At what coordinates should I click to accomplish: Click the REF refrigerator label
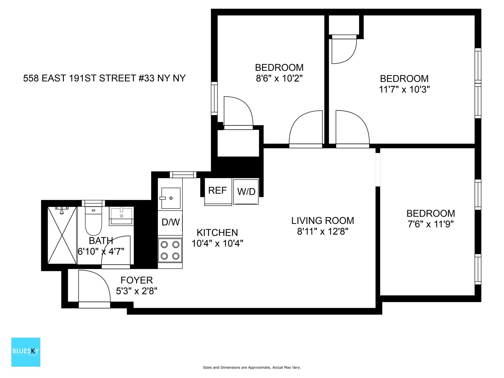point(217,190)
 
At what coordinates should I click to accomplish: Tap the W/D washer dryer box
point(246,192)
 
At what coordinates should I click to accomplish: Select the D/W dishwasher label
point(170,222)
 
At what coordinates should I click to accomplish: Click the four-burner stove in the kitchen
point(170,250)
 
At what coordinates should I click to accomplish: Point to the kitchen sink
point(171,198)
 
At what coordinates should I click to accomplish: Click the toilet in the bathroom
point(93,222)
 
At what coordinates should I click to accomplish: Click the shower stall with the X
point(62,235)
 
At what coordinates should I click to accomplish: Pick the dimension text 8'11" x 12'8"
point(323,232)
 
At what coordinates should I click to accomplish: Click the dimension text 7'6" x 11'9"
point(430,224)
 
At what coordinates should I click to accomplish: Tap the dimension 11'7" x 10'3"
point(404,90)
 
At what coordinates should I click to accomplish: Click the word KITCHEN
point(217,233)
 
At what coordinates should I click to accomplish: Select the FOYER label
point(136,280)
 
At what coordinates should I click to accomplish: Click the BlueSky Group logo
point(26,352)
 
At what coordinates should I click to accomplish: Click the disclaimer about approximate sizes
point(252,367)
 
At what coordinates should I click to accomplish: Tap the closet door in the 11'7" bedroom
point(344,51)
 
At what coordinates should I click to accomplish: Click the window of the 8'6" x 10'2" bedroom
point(214,98)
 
